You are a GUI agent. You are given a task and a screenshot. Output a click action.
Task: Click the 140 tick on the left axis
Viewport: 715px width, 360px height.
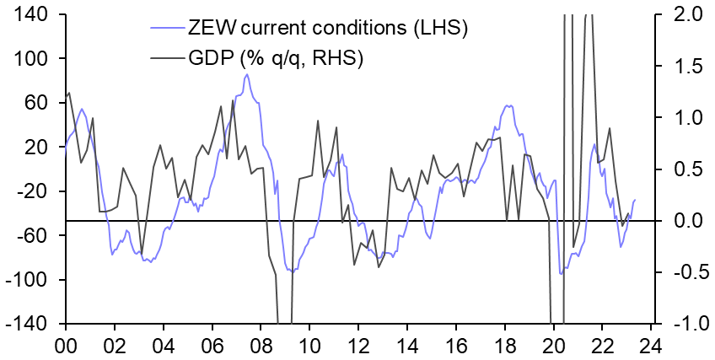click(x=32, y=14)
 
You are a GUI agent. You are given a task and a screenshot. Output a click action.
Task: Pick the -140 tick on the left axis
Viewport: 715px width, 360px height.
click(x=29, y=324)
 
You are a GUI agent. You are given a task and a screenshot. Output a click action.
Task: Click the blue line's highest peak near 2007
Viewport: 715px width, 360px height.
click(x=246, y=75)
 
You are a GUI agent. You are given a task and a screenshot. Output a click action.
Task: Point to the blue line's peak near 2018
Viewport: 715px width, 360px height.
click(x=508, y=106)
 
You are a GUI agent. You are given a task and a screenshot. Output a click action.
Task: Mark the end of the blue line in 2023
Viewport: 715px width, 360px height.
click(x=635, y=199)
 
